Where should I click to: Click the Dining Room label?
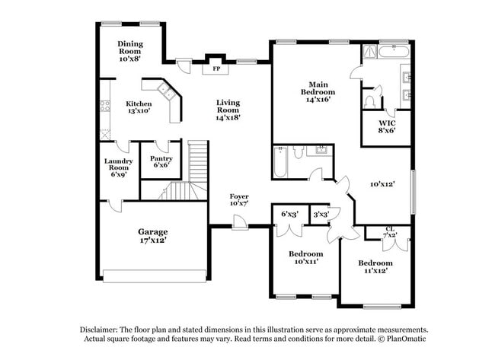pos(130,49)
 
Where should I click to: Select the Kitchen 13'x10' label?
pos(139,107)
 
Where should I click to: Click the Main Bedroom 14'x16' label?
pos(318,91)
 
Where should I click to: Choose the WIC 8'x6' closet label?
pos(387,126)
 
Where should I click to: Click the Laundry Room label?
pos(118,165)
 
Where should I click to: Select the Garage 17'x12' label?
pos(152,236)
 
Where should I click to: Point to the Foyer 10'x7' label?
pos(239,200)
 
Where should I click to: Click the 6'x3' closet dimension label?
pos(289,214)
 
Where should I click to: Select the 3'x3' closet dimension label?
pos(321,214)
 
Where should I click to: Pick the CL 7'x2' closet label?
pos(390,231)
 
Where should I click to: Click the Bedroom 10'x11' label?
pos(305,257)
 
